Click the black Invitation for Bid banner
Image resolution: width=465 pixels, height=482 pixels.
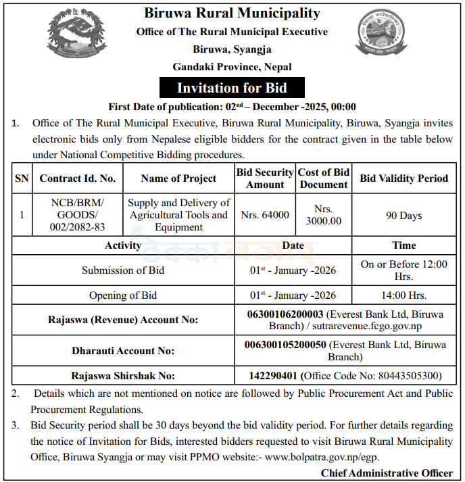pyautogui.click(x=232, y=88)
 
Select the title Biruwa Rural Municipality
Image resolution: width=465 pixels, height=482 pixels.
pyautogui.click(x=232, y=13)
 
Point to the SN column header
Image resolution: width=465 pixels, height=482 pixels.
pyautogui.click(x=22, y=178)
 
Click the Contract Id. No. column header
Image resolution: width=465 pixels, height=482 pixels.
pyautogui.click(x=78, y=178)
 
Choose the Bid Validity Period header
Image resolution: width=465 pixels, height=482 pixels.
pyautogui.click(x=403, y=178)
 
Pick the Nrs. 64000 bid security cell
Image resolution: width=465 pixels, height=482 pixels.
pyautogui.click(x=265, y=215)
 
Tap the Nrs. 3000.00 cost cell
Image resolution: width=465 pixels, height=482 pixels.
pyautogui.click(x=324, y=215)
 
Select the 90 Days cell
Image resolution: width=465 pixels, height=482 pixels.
pyautogui.click(x=403, y=216)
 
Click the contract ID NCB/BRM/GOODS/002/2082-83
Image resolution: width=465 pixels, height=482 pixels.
pyautogui.click(x=78, y=215)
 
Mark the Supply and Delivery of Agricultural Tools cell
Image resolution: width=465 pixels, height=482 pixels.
pyautogui.click(x=178, y=215)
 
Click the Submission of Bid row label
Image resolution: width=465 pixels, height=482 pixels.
pyautogui.click(x=123, y=270)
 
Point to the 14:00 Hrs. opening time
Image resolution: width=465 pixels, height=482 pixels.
pyautogui.click(x=403, y=295)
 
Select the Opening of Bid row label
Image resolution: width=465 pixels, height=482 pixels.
pyautogui.click(x=123, y=295)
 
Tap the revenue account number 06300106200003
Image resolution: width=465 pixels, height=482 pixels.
pyautogui.click(x=287, y=314)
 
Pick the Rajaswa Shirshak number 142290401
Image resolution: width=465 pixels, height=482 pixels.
pyautogui.click(x=274, y=375)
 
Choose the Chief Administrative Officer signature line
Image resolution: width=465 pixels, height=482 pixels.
pyautogui.click(x=387, y=473)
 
